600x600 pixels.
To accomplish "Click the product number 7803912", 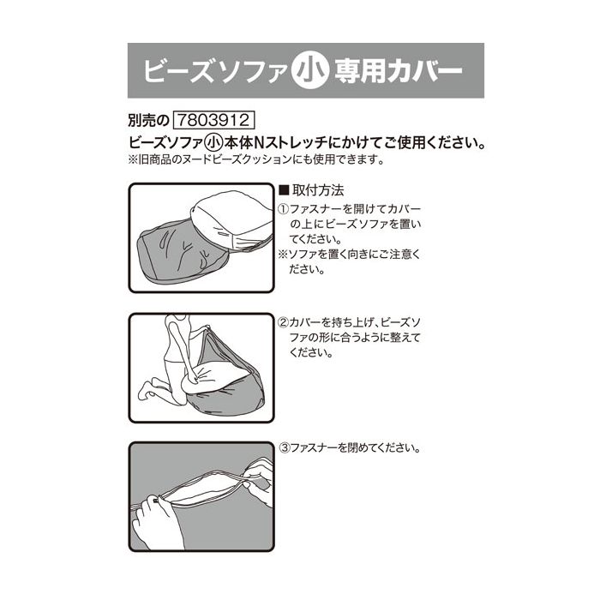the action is [x=214, y=120].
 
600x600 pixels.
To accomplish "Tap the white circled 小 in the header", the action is [x=310, y=70].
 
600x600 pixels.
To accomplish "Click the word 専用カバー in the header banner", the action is [x=399, y=70].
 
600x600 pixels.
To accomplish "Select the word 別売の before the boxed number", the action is [x=148, y=121].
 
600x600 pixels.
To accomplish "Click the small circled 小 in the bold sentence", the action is [x=214, y=143].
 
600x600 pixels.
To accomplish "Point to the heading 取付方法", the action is [x=318, y=190].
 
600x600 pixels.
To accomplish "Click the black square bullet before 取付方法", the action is [x=284, y=190].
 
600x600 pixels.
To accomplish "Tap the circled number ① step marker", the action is [x=283, y=209].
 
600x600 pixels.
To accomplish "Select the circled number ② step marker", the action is [x=283, y=322].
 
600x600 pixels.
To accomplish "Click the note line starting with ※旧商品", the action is [x=256, y=159].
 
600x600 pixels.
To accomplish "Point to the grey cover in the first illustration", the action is [x=182, y=253].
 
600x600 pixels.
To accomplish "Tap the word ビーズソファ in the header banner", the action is [x=215, y=70].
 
